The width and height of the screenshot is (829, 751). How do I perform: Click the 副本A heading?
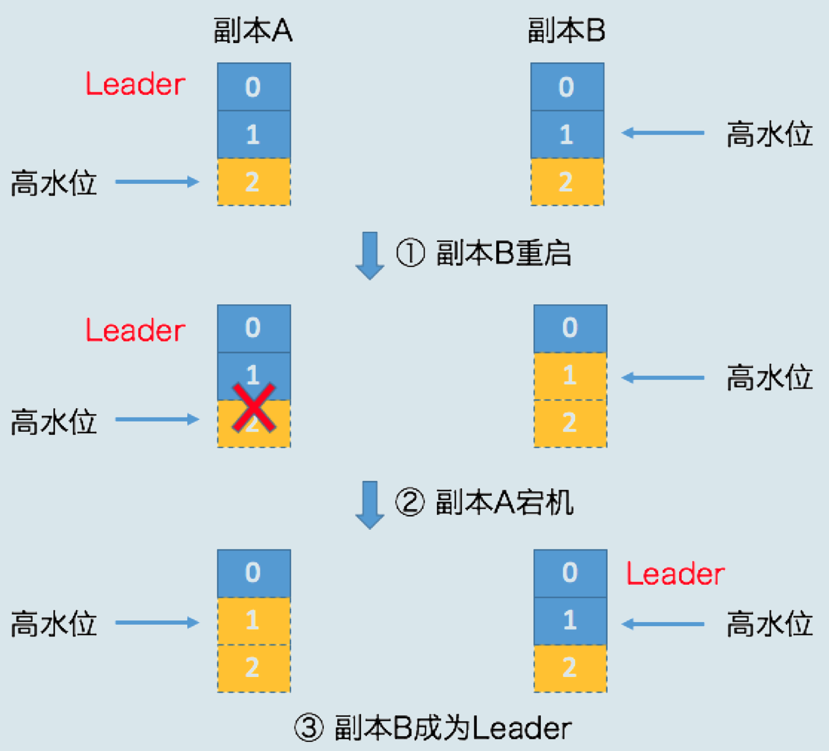pos(253,30)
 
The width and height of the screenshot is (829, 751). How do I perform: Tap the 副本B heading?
pos(567,30)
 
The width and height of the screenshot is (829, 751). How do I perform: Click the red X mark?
pos(254,408)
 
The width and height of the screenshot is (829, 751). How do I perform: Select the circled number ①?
pos(410,253)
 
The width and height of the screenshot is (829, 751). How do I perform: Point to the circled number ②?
pos(410,502)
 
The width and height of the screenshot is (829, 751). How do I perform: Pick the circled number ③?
pos(309,728)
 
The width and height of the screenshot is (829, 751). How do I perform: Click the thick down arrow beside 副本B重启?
pos(370,255)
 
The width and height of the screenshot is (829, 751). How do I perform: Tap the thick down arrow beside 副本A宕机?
pos(370,504)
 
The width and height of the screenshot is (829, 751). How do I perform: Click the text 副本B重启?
pos(504,253)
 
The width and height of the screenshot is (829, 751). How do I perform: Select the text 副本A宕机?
pos(505,502)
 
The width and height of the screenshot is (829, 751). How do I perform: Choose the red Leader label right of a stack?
pos(675,574)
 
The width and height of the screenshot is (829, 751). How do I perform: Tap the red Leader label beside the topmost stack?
pos(135,84)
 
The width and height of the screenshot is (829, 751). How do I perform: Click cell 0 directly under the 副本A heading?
pos(253,87)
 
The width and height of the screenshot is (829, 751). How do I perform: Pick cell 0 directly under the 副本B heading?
pos(567,87)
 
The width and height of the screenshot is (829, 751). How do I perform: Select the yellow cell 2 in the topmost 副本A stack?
pos(253,182)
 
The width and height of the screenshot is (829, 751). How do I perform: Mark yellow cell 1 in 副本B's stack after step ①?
pos(570,376)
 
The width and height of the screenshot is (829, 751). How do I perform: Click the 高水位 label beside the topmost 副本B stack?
pos(769,134)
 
